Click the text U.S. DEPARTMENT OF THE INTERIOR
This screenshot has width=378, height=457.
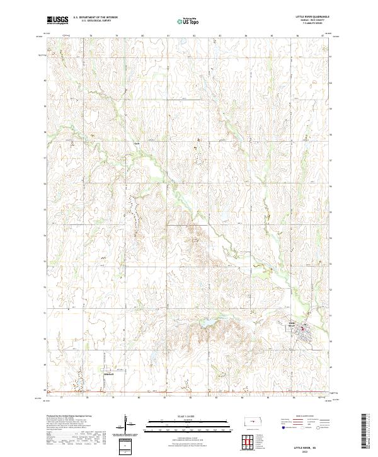pos(100,18)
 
